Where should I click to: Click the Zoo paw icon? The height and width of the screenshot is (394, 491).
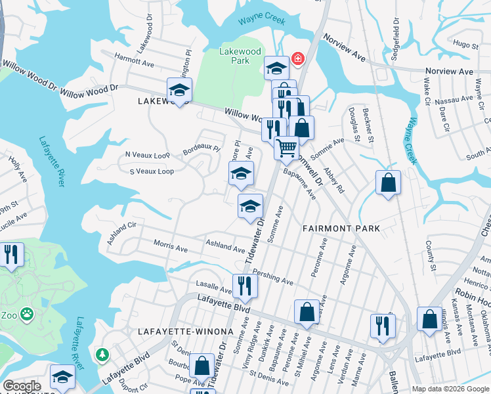(27, 314)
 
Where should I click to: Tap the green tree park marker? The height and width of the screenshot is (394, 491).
(102, 355)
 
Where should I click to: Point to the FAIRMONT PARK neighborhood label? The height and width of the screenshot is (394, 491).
(341, 229)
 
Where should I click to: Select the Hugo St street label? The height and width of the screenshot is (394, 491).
(465, 44)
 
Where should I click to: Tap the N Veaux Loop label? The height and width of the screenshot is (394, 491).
(147, 155)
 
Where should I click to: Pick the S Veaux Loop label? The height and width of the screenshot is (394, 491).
(151, 171)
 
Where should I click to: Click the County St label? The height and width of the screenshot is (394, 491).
(431, 255)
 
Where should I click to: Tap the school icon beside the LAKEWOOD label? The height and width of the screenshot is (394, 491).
(179, 90)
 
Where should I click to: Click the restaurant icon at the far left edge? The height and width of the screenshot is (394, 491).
(11, 254)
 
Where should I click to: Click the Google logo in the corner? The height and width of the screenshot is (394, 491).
(21, 386)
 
